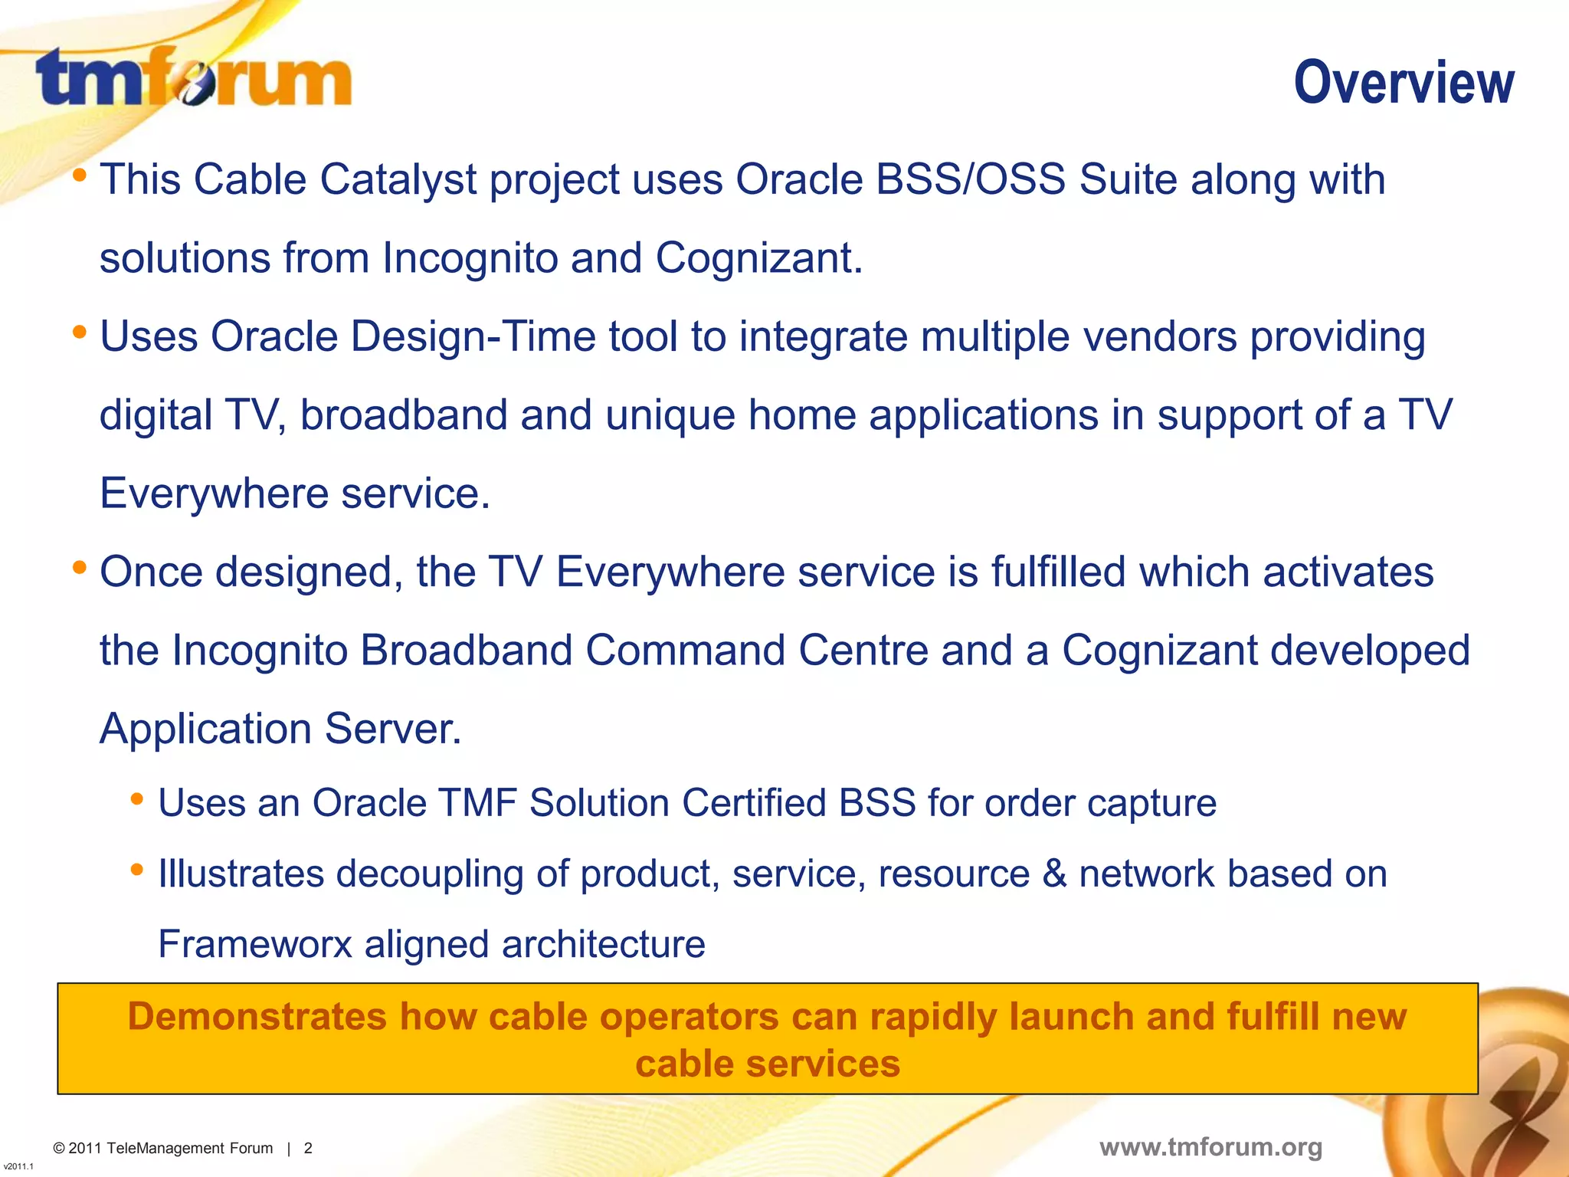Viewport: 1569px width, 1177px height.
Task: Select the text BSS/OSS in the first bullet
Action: [x=970, y=180]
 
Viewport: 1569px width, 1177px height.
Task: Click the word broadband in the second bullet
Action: [x=404, y=415]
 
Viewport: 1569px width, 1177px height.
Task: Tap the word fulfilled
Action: [x=1058, y=572]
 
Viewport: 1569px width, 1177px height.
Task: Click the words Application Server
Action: [x=280, y=729]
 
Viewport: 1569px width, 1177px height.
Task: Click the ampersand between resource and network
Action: [x=1054, y=874]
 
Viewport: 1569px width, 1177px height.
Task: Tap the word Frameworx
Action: [x=254, y=945]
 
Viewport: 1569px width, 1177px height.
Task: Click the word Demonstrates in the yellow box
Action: [x=257, y=1018]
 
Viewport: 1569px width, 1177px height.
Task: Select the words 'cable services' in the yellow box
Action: [x=768, y=1064]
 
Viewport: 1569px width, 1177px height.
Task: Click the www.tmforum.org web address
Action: [x=1210, y=1147]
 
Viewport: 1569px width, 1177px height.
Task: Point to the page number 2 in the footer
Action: [x=308, y=1149]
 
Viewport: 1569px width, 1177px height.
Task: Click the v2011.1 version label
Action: [x=18, y=1166]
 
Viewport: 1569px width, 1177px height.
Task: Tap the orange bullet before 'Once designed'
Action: [x=79, y=569]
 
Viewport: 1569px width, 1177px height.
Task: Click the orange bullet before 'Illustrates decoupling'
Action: [x=137, y=870]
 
